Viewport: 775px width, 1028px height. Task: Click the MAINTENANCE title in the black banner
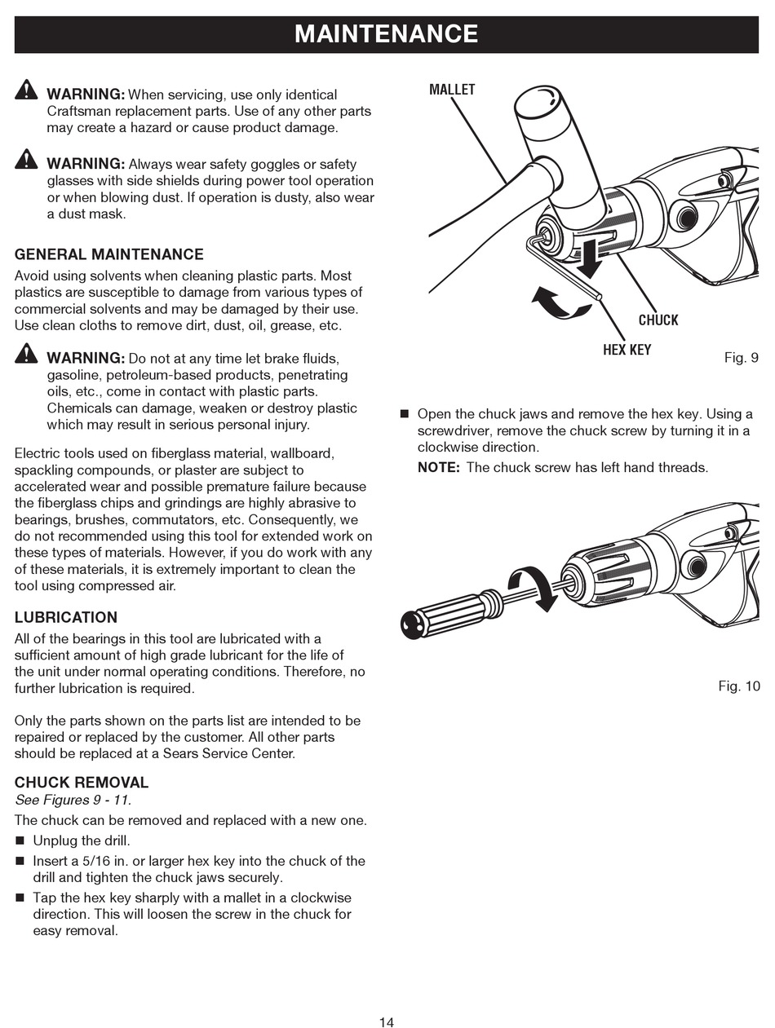[386, 33]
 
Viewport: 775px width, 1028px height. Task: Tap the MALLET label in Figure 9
[452, 90]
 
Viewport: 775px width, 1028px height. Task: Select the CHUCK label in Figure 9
[658, 320]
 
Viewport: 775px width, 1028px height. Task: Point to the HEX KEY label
[627, 351]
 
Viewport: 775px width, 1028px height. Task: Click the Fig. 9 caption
[741, 358]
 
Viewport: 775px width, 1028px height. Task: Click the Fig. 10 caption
[738, 686]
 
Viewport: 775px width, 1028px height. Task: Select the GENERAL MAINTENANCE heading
[108, 254]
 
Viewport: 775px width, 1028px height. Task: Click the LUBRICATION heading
[66, 617]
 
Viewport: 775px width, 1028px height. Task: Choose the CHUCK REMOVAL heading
[82, 783]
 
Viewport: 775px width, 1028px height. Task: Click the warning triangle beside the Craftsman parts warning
[26, 90]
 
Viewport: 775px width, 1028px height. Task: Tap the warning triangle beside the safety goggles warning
[26, 159]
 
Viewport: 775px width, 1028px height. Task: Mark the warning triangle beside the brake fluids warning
[26, 353]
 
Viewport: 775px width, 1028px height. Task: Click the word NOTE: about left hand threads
[439, 468]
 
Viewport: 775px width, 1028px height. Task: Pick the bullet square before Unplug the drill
[20, 840]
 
